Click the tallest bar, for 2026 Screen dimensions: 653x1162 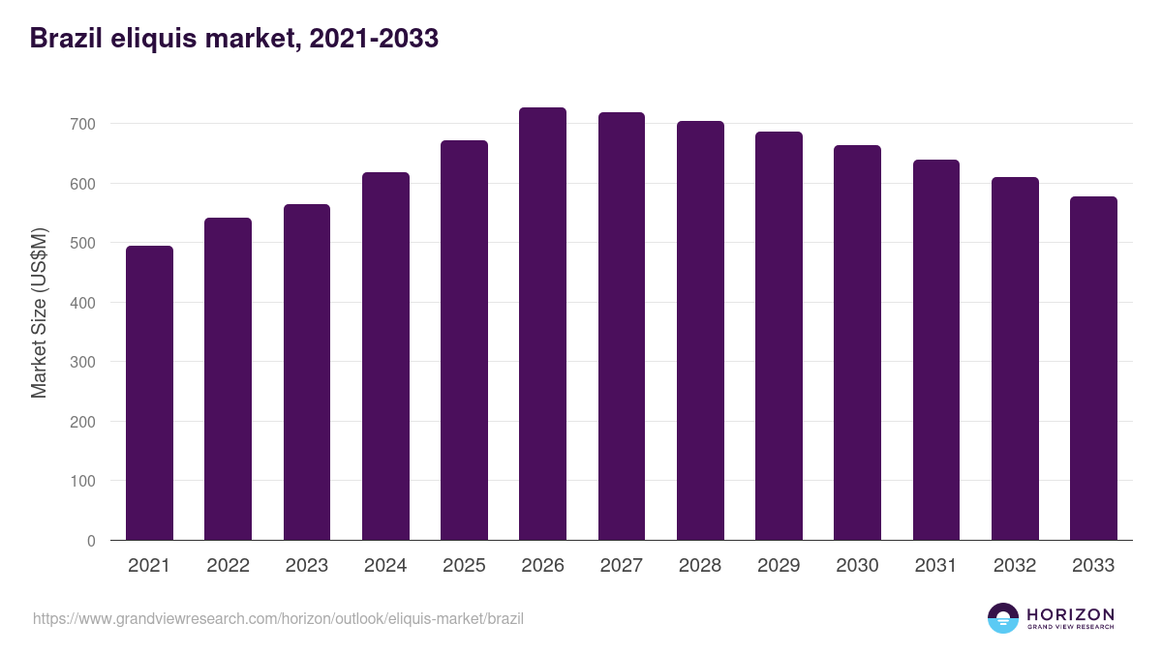pos(542,324)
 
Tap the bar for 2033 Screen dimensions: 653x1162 pos(1093,369)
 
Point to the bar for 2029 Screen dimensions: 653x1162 pos(779,336)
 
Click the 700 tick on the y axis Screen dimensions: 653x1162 pos(83,124)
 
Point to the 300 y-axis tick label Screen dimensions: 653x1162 pos(83,362)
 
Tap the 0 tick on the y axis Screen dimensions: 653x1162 pos(91,541)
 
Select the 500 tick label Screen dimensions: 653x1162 pos(83,243)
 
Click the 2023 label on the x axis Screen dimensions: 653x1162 pos(307,566)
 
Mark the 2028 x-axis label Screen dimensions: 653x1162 pos(700,566)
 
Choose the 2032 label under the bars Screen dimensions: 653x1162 pos(1015,566)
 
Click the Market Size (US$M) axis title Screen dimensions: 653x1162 pos(39,312)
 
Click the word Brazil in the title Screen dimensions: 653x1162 pos(61,38)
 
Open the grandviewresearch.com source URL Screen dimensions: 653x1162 pos(278,618)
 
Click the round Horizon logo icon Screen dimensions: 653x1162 pos(1003,618)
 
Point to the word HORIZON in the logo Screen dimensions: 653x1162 pos(1070,614)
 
